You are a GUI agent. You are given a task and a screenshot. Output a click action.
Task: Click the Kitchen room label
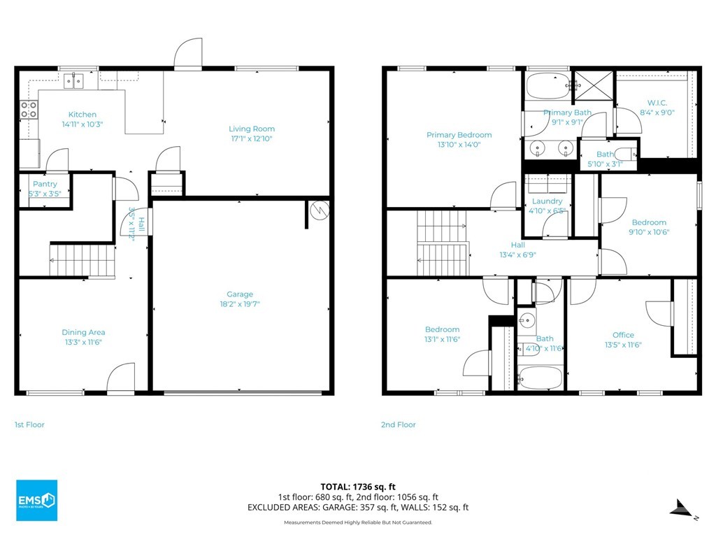(x=83, y=115)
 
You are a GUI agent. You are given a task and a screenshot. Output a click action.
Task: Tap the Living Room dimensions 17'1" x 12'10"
(x=252, y=138)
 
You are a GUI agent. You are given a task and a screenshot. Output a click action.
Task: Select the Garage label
(x=240, y=294)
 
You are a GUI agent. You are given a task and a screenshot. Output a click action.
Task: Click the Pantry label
(x=45, y=184)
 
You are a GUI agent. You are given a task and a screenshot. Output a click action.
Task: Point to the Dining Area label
(x=84, y=332)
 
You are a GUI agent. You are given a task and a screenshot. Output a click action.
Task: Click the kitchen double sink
(x=73, y=81)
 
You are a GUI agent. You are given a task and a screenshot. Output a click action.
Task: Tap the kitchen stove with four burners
(x=28, y=110)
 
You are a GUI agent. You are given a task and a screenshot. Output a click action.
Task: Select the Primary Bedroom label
(x=459, y=135)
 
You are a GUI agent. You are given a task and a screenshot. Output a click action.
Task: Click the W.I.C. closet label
(x=657, y=103)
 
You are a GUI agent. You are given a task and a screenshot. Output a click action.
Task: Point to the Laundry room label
(x=547, y=201)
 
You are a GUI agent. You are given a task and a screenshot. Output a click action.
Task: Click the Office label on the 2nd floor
(x=623, y=335)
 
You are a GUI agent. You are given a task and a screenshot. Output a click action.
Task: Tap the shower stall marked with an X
(x=594, y=85)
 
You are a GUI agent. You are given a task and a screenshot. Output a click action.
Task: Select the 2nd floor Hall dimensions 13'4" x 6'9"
(x=517, y=255)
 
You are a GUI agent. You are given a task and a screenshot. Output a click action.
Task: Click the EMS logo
(x=37, y=501)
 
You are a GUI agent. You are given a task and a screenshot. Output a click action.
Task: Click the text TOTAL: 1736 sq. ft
(x=358, y=487)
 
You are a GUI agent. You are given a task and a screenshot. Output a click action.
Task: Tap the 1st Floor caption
(x=29, y=424)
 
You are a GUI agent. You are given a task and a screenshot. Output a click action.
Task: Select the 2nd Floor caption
(x=398, y=424)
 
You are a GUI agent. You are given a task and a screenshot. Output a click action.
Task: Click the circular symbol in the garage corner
(x=319, y=210)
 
